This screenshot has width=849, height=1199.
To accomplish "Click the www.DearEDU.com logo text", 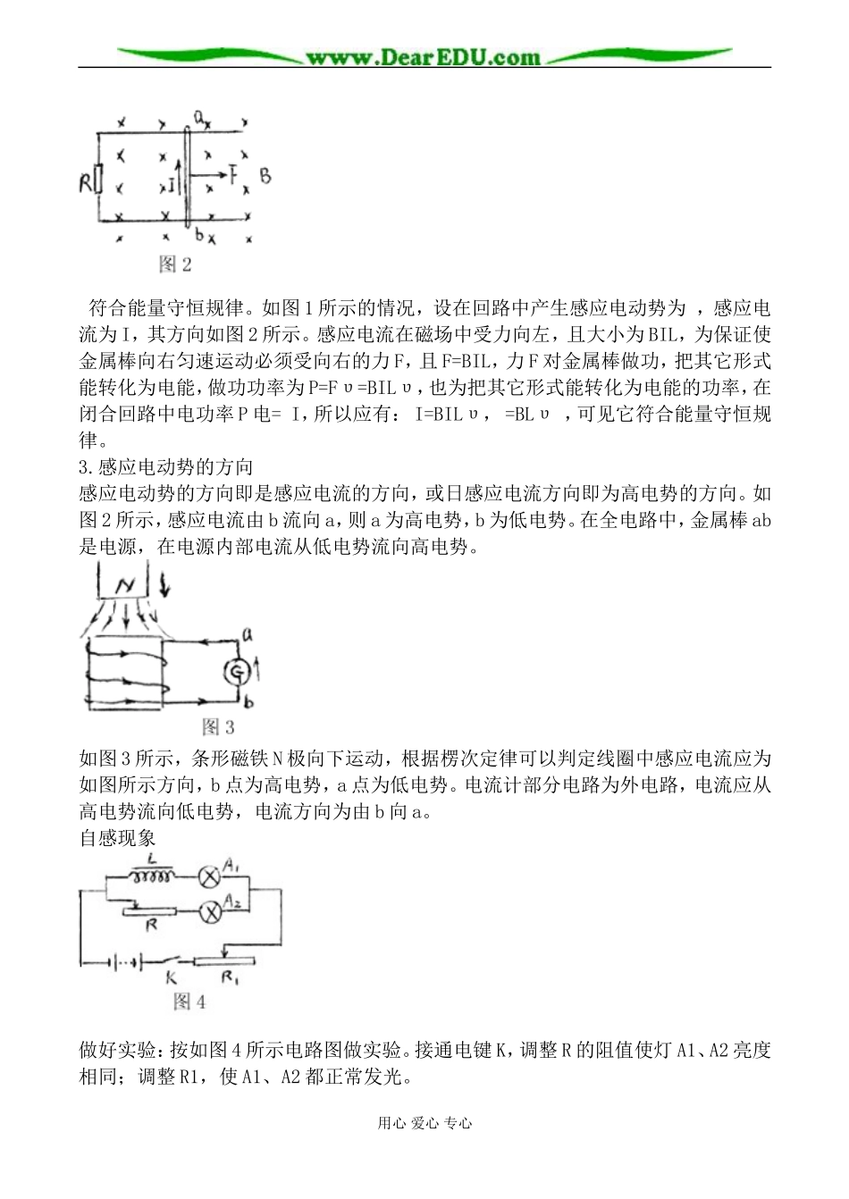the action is coord(423,57).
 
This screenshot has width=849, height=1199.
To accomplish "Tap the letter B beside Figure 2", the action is coord(265,176).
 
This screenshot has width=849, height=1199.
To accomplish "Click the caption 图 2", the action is coord(175,264).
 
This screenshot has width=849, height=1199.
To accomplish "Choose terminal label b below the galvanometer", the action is coord(248,702).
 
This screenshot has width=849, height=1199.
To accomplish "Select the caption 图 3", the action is coord(218,725).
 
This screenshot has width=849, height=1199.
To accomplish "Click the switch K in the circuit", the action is coord(180,961).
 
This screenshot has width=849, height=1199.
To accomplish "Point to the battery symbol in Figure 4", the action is coord(124,962).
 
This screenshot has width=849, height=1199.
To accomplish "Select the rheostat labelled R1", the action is coord(225,961).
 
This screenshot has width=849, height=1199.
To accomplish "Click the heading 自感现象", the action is coord(117,838).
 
